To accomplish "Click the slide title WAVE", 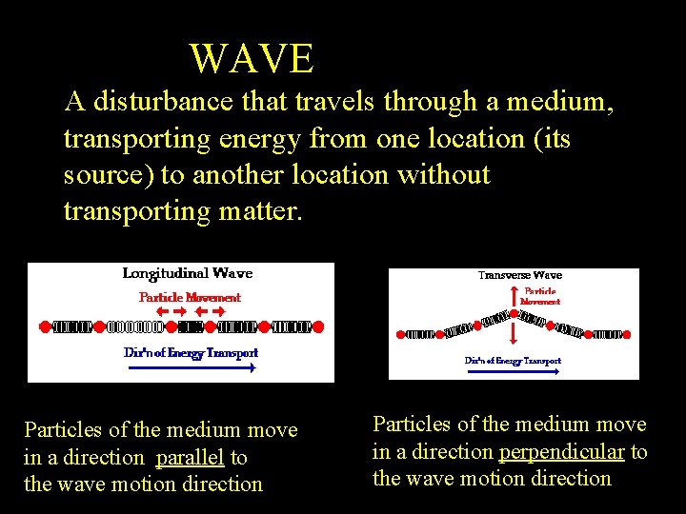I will pos(252,59).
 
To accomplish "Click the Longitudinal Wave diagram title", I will pos(188,273).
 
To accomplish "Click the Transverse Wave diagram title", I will pos(519,276).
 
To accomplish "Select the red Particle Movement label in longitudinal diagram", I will pos(190,297).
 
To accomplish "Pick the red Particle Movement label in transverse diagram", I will pos(539,296).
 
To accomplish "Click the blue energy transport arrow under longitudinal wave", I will pos(191,366).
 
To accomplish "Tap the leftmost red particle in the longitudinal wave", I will pos(44,326).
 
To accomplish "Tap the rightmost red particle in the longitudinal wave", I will pos(318,326).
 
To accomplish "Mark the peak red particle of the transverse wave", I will pos(514,311).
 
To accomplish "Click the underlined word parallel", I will pos(190,458).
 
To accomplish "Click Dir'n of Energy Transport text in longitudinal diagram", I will pos(191,352).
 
